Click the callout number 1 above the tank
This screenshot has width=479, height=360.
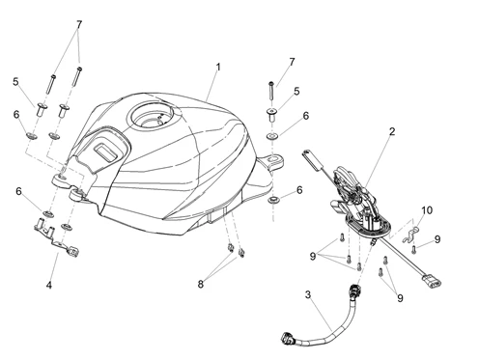click(218, 68)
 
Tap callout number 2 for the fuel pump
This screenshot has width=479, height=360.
click(392, 131)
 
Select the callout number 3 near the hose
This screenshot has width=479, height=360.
click(308, 294)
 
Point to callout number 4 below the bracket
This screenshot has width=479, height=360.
click(49, 285)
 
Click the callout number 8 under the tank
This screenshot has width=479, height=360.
click(201, 284)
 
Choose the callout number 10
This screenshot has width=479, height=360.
click(427, 210)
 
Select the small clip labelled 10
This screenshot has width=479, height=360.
click(410, 235)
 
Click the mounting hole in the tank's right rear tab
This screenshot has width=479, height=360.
click(273, 158)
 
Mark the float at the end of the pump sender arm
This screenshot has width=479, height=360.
click(314, 158)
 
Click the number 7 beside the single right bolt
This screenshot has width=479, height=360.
click(292, 62)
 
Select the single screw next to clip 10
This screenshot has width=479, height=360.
click(414, 249)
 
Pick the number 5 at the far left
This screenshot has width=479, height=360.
click(15, 82)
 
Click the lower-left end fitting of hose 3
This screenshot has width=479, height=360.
click(288, 339)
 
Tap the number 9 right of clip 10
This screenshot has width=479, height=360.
click(437, 239)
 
